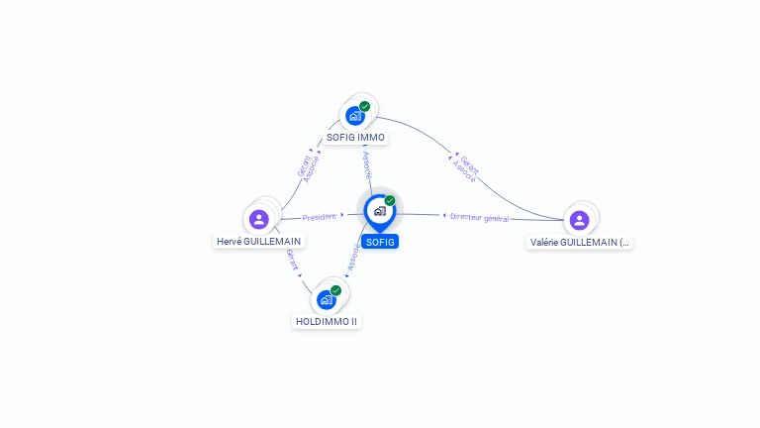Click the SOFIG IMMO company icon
(x=355, y=115)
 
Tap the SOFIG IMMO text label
(x=355, y=137)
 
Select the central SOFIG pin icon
(x=379, y=211)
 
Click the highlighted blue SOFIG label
(x=380, y=242)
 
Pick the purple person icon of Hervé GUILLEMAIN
(x=259, y=219)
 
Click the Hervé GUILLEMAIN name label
(x=259, y=241)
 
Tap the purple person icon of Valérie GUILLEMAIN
(x=579, y=220)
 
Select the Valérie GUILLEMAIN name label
(x=579, y=242)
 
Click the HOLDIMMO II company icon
(x=327, y=299)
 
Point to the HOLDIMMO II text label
(x=327, y=321)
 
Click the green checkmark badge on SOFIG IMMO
(x=365, y=106)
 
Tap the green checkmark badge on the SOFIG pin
(x=390, y=201)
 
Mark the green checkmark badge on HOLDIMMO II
(x=336, y=290)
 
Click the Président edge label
(x=320, y=216)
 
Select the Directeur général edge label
(x=479, y=217)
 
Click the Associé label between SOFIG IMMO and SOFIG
(x=367, y=163)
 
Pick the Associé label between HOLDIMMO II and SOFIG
(x=353, y=259)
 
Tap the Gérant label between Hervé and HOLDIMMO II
(x=292, y=261)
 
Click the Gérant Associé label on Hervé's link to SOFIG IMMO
(x=309, y=167)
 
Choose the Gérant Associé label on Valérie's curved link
(x=466, y=168)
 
